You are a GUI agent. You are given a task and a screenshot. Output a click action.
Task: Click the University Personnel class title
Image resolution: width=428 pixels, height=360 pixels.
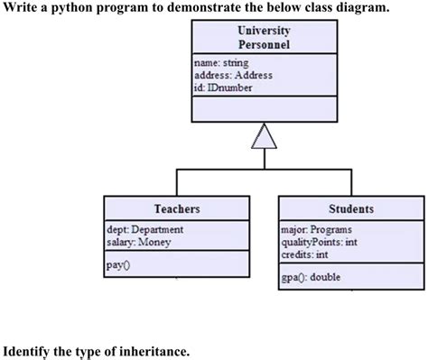(x=264, y=37)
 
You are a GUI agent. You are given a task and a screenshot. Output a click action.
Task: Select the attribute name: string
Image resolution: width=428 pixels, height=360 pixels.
(x=219, y=63)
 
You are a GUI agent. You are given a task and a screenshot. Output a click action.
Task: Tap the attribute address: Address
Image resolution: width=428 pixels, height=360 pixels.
(x=227, y=76)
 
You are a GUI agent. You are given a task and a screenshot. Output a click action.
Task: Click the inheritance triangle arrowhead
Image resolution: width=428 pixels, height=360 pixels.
(x=264, y=137)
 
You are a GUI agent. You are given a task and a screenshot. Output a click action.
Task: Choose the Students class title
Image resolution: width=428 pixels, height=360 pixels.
(x=350, y=208)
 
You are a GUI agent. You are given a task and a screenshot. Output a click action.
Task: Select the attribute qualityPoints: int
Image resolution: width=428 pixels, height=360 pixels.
(x=319, y=242)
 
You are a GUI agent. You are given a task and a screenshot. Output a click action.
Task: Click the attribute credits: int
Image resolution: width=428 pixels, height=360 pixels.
(x=304, y=254)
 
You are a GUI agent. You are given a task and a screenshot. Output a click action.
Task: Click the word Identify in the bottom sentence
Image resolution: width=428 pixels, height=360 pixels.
(x=29, y=349)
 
